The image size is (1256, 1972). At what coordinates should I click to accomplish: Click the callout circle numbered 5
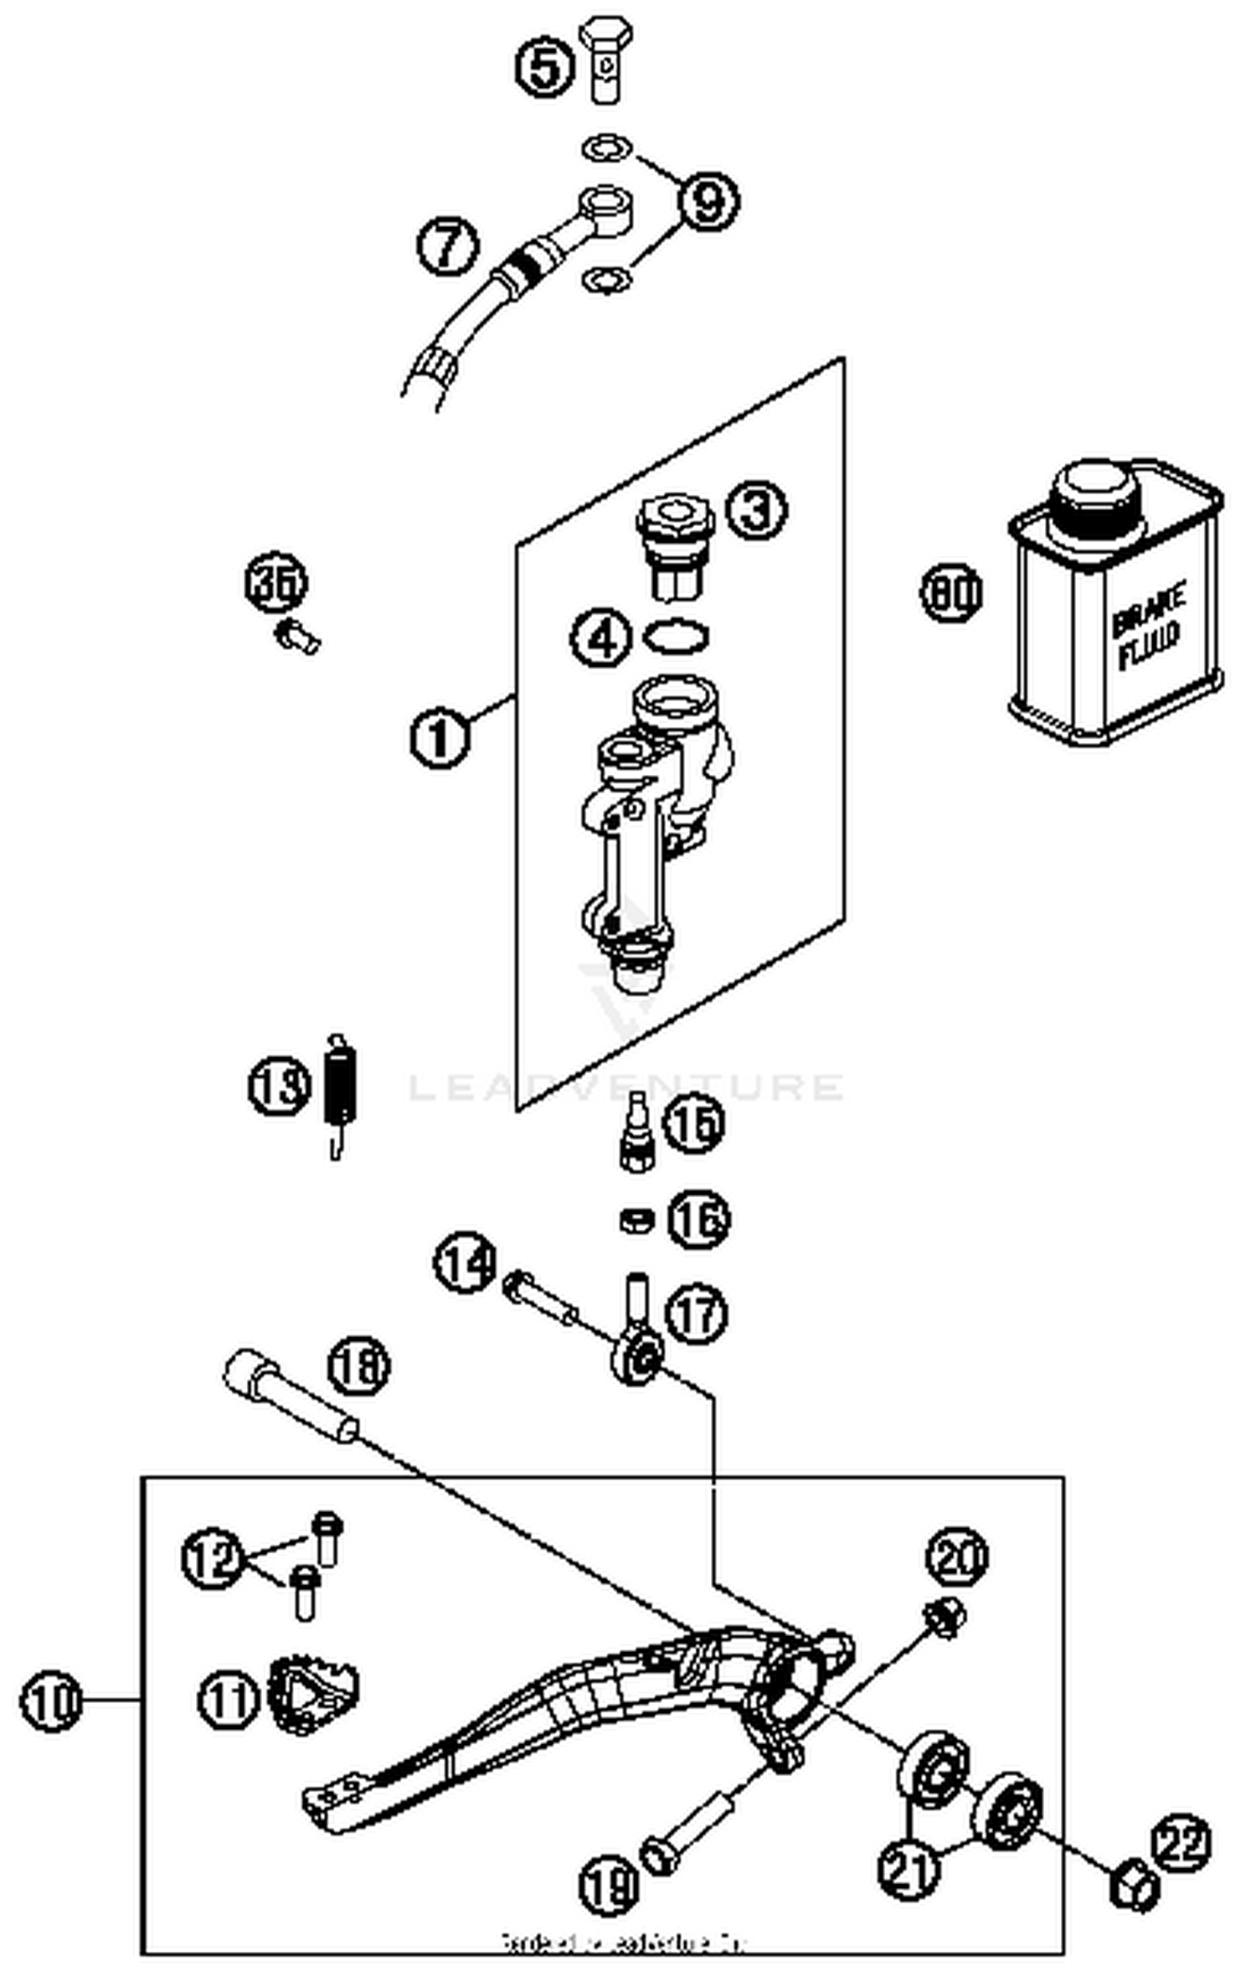pos(544,68)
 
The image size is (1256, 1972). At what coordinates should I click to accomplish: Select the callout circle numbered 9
pos(708,201)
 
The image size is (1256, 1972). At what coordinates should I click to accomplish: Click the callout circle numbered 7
pos(448,245)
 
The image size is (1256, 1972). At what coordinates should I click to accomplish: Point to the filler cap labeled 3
pos(674,545)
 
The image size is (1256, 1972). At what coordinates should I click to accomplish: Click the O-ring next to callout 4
pos(676,638)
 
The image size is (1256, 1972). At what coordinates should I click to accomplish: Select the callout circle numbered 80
pos(950,593)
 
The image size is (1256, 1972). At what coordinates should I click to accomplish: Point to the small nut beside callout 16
pos(636,1220)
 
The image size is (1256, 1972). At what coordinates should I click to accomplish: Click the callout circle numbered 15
pos(693,1123)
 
